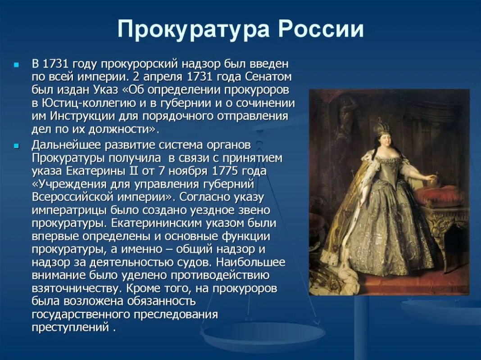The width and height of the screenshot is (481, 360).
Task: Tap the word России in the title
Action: [320, 30]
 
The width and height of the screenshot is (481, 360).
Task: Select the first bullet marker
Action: [17, 65]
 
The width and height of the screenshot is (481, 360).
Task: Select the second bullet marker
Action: [17, 146]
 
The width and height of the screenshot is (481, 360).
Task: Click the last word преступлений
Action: [70, 327]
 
